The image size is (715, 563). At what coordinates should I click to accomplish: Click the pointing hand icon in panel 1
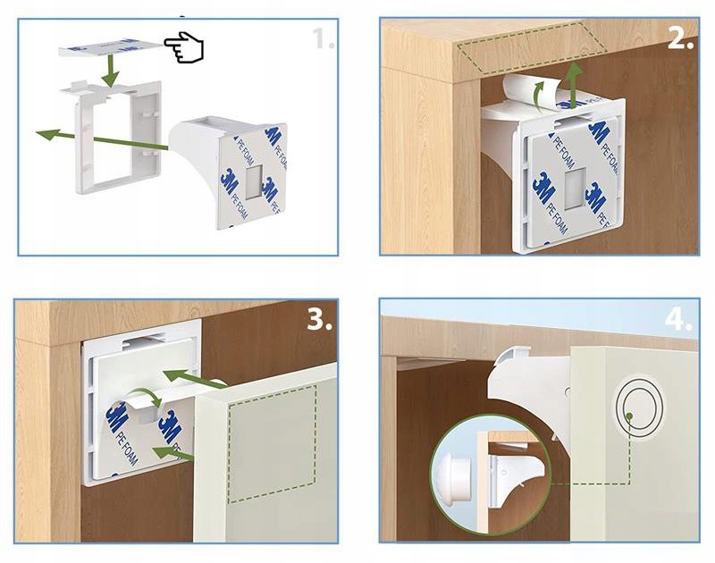pos(184,47)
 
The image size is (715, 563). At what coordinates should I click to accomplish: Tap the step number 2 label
pos(680,38)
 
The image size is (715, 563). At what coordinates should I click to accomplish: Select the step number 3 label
pos(319,320)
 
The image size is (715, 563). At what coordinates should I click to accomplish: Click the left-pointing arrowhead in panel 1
pos(43,134)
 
